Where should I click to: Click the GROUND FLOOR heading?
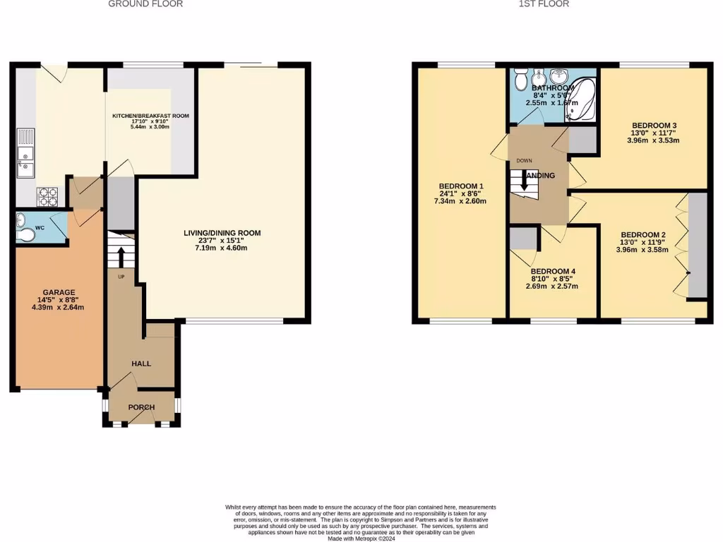145,4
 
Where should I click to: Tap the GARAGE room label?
58,292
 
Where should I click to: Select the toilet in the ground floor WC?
27,234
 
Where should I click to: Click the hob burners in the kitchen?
48,193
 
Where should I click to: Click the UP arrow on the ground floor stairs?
120,255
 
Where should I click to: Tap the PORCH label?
141,408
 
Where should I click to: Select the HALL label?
141,363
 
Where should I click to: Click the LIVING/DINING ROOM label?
222,233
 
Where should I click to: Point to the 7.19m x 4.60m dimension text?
222,248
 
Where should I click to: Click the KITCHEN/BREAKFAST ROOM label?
151,116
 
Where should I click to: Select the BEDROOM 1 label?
462,186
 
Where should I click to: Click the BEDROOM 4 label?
554,271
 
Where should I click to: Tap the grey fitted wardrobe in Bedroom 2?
697,244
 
